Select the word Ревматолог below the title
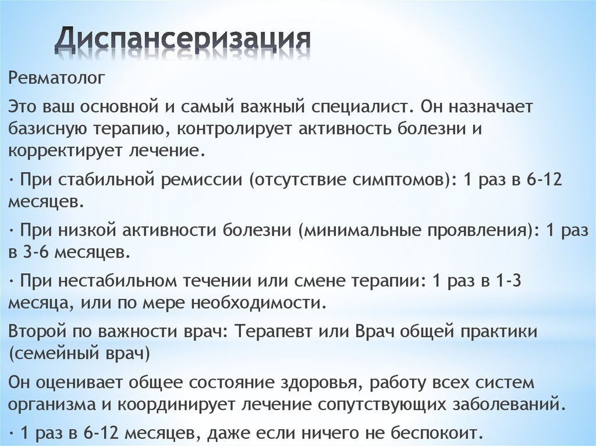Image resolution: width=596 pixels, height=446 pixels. coord(56,78)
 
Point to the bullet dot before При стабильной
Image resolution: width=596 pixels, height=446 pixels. coord(12,180)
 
